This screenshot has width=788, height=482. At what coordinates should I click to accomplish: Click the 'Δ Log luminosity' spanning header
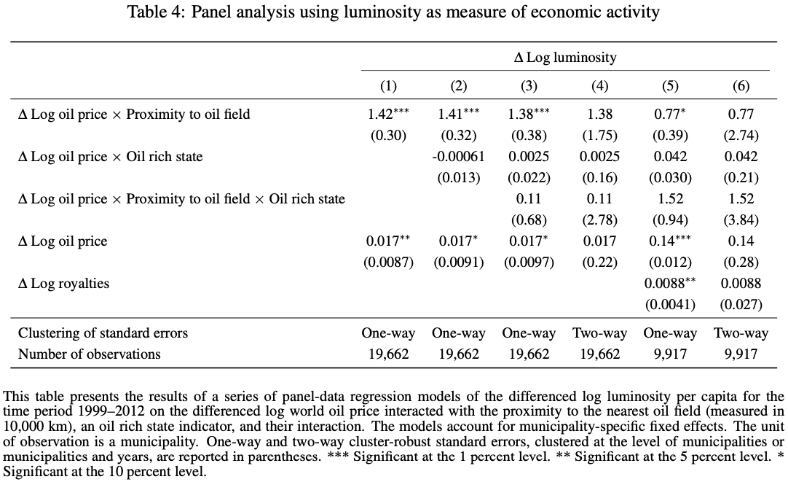(565, 58)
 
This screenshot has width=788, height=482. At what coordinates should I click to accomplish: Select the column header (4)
(600, 86)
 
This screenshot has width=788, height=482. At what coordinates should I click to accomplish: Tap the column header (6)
(741, 86)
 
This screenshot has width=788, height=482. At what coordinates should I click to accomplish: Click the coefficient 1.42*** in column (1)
(388, 114)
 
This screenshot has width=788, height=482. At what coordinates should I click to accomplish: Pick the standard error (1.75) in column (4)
(600, 136)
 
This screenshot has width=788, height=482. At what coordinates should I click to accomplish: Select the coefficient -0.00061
(458, 157)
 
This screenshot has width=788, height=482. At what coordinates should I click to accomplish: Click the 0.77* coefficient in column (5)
(670, 114)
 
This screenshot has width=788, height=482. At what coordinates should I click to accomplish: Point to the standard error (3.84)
(741, 220)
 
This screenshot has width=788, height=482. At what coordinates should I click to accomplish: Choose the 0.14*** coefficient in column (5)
(670, 241)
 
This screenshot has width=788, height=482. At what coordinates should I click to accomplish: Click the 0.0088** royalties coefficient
(670, 284)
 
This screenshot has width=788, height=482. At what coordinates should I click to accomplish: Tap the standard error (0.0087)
(388, 263)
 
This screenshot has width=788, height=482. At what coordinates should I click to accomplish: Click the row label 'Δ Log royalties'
(63, 284)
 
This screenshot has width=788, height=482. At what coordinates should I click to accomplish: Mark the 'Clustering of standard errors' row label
(103, 333)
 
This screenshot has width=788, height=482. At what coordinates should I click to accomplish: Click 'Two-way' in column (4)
(600, 333)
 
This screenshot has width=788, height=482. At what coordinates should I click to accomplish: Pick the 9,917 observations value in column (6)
(741, 354)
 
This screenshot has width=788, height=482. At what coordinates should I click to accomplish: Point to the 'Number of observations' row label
(90, 354)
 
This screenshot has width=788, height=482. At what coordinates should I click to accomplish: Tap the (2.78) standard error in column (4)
(600, 220)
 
